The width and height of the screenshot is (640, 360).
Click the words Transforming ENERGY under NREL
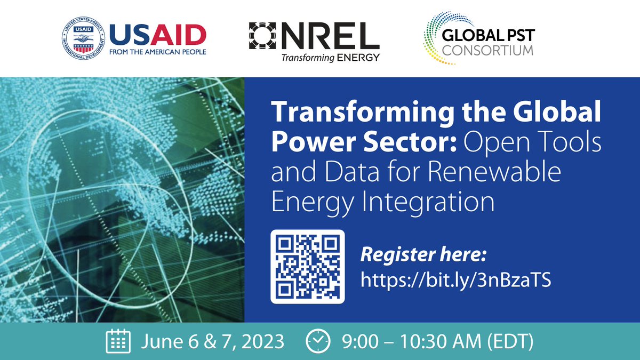click(331, 57)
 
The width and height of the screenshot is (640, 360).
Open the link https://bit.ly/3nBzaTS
click(455, 279)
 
